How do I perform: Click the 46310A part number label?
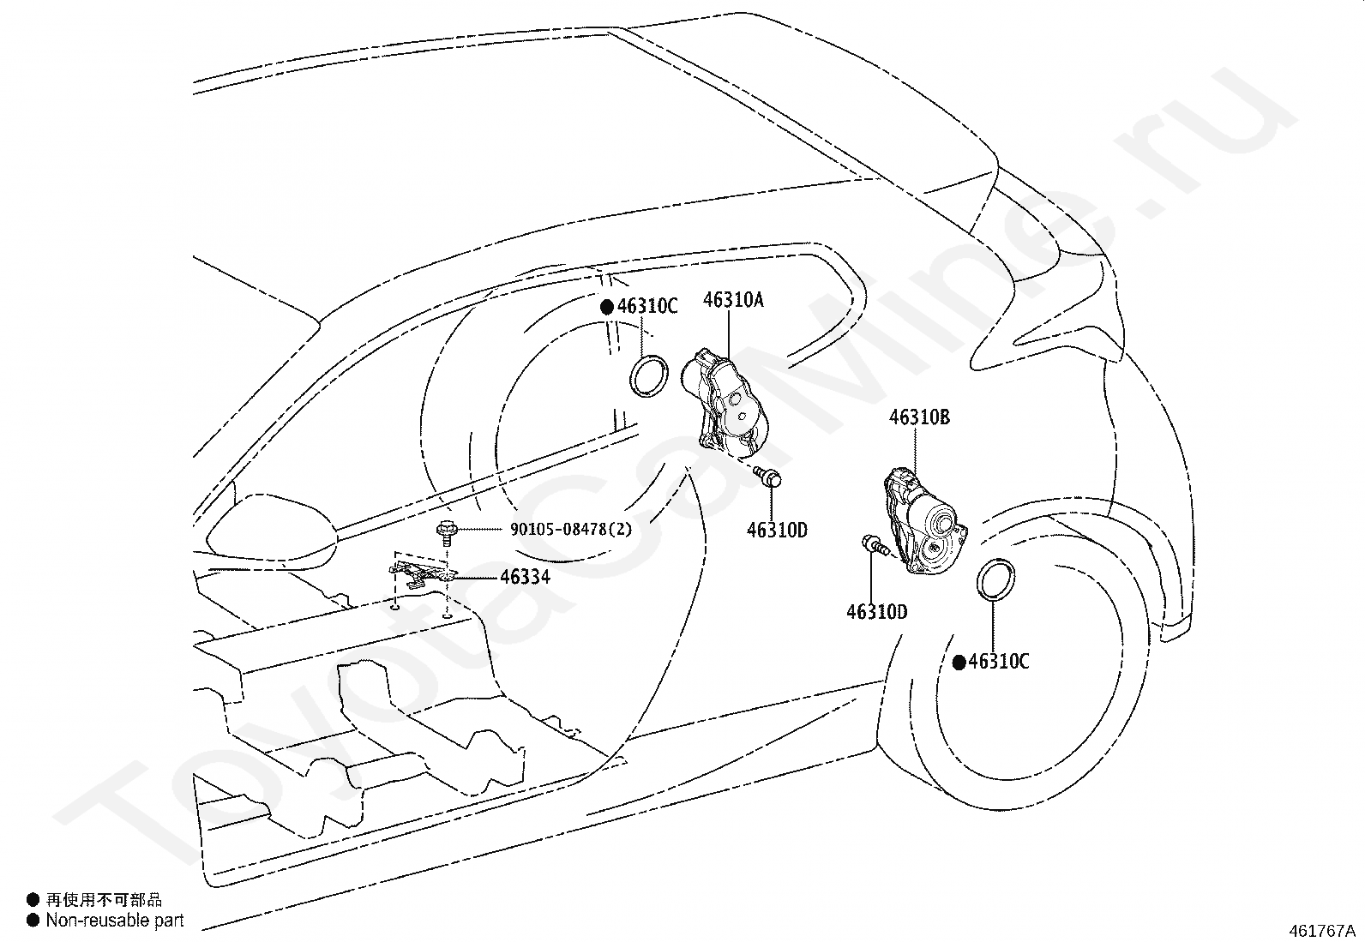pyautogui.click(x=733, y=300)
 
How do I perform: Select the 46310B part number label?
pyautogui.click(x=919, y=417)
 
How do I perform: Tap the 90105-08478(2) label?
pyautogui.click(x=570, y=530)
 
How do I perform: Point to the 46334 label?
pyautogui.click(x=525, y=577)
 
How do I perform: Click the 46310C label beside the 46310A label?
pyautogui.click(x=646, y=306)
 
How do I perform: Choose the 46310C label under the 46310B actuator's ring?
pyautogui.click(x=998, y=662)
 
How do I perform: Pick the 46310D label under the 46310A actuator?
pyautogui.click(x=777, y=531)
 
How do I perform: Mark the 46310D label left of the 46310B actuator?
pyautogui.click(x=876, y=612)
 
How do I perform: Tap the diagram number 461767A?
pyautogui.click(x=1321, y=931)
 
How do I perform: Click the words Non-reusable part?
pyautogui.click(x=115, y=921)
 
